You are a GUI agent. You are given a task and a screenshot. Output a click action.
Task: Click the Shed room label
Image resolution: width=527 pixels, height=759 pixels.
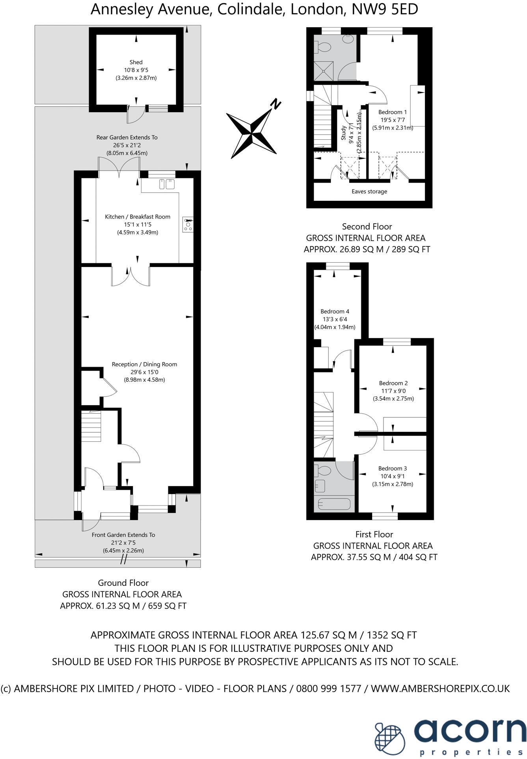[136, 62]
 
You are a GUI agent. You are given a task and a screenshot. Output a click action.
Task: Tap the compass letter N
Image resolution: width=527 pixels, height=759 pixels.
[276, 104]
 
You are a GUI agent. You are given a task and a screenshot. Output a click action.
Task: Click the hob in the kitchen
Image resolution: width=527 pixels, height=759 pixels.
[188, 224]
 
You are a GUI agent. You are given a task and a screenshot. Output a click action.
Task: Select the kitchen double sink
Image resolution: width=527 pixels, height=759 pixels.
[167, 184]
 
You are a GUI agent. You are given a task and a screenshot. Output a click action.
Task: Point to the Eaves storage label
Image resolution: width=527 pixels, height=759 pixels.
[369, 192]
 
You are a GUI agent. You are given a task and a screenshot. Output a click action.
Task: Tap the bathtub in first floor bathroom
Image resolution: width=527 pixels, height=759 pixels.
[333, 504]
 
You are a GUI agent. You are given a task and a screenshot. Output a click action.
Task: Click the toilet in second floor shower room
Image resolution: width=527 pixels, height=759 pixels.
[323, 48]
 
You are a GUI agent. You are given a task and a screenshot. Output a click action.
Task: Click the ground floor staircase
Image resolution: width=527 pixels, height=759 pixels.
[91, 426]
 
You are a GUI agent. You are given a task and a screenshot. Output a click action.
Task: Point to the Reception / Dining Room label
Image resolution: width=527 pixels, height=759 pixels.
[144, 365]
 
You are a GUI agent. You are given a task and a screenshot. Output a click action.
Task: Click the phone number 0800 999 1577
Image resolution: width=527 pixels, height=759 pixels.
[328, 689]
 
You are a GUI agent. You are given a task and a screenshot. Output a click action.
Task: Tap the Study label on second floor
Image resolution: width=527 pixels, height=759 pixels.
[344, 133]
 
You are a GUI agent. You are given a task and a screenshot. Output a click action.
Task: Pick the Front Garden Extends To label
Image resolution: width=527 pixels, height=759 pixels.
[123, 535]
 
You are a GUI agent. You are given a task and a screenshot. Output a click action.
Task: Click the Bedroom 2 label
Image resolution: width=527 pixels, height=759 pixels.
[393, 383]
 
